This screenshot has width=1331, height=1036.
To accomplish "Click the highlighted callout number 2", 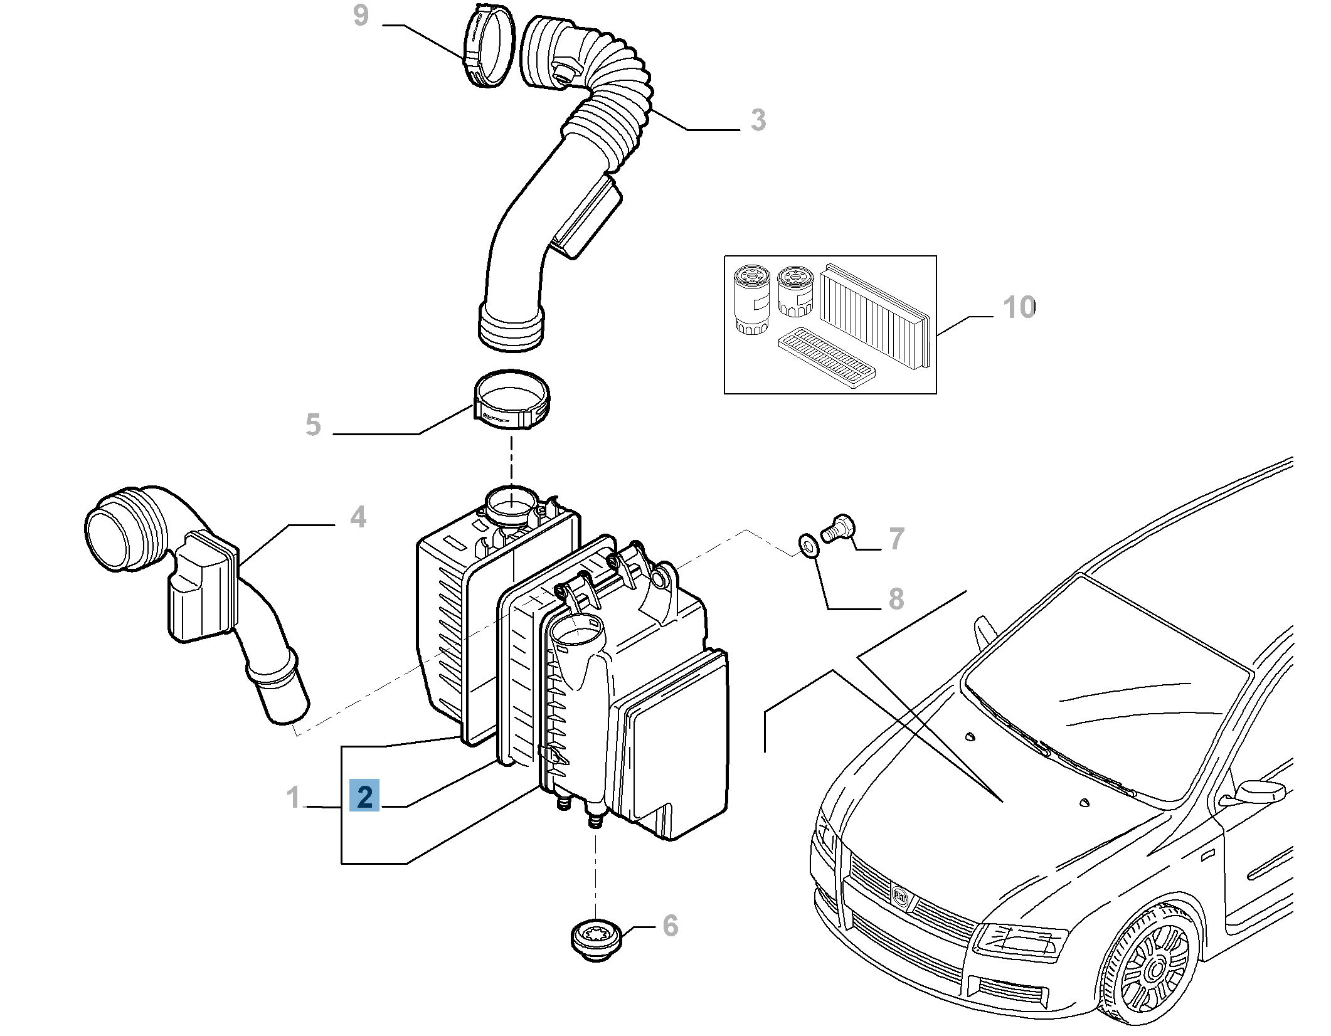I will pos(364,796).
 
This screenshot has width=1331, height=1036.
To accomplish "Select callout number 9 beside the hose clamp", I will pos(361,16).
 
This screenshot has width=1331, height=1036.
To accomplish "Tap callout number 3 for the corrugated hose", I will pos(758,120).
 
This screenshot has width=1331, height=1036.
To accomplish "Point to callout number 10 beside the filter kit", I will pos(1019,307).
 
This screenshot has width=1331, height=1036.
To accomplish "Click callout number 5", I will pos(313,425).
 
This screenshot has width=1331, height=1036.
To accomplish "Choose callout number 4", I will pos(358,517).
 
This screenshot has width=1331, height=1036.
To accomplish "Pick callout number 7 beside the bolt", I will pos(897,539).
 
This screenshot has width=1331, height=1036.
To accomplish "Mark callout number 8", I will pos(896,599).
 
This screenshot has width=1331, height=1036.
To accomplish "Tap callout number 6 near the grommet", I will pos(671,926).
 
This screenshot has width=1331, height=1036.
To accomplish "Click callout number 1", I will pos(293,798).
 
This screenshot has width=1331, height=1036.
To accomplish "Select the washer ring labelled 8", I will pos(809,545).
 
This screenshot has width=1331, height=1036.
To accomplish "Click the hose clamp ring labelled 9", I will pos(489,47).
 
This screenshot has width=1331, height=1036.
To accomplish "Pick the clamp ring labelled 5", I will pos(512,400).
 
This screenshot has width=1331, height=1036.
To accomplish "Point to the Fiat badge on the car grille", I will pos(900,898).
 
